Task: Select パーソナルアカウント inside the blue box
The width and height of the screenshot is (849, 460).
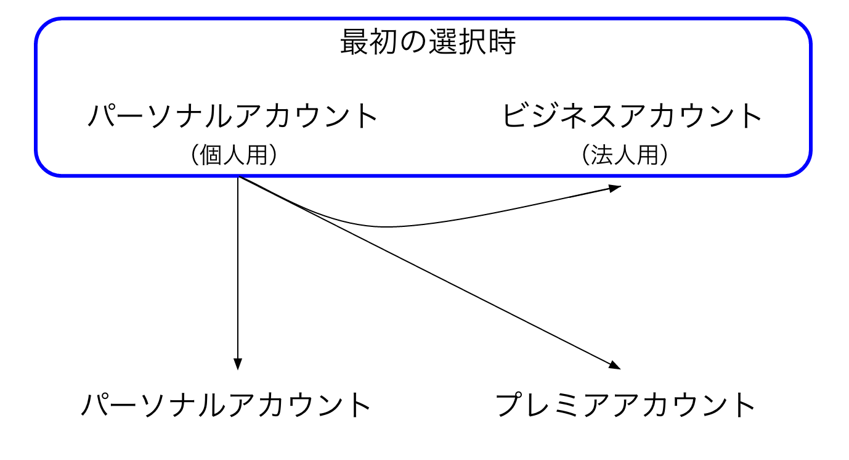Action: [232, 116]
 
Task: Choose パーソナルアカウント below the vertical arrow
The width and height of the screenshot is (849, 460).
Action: [226, 405]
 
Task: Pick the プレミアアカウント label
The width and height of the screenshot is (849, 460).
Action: [626, 405]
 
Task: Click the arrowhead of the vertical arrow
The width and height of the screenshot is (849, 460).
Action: [238, 364]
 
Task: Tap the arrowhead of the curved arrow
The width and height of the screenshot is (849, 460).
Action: [615, 188]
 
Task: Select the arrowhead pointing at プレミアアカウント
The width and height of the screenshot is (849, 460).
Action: [614, 365]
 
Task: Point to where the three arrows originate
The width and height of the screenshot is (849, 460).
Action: [238, 178]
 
